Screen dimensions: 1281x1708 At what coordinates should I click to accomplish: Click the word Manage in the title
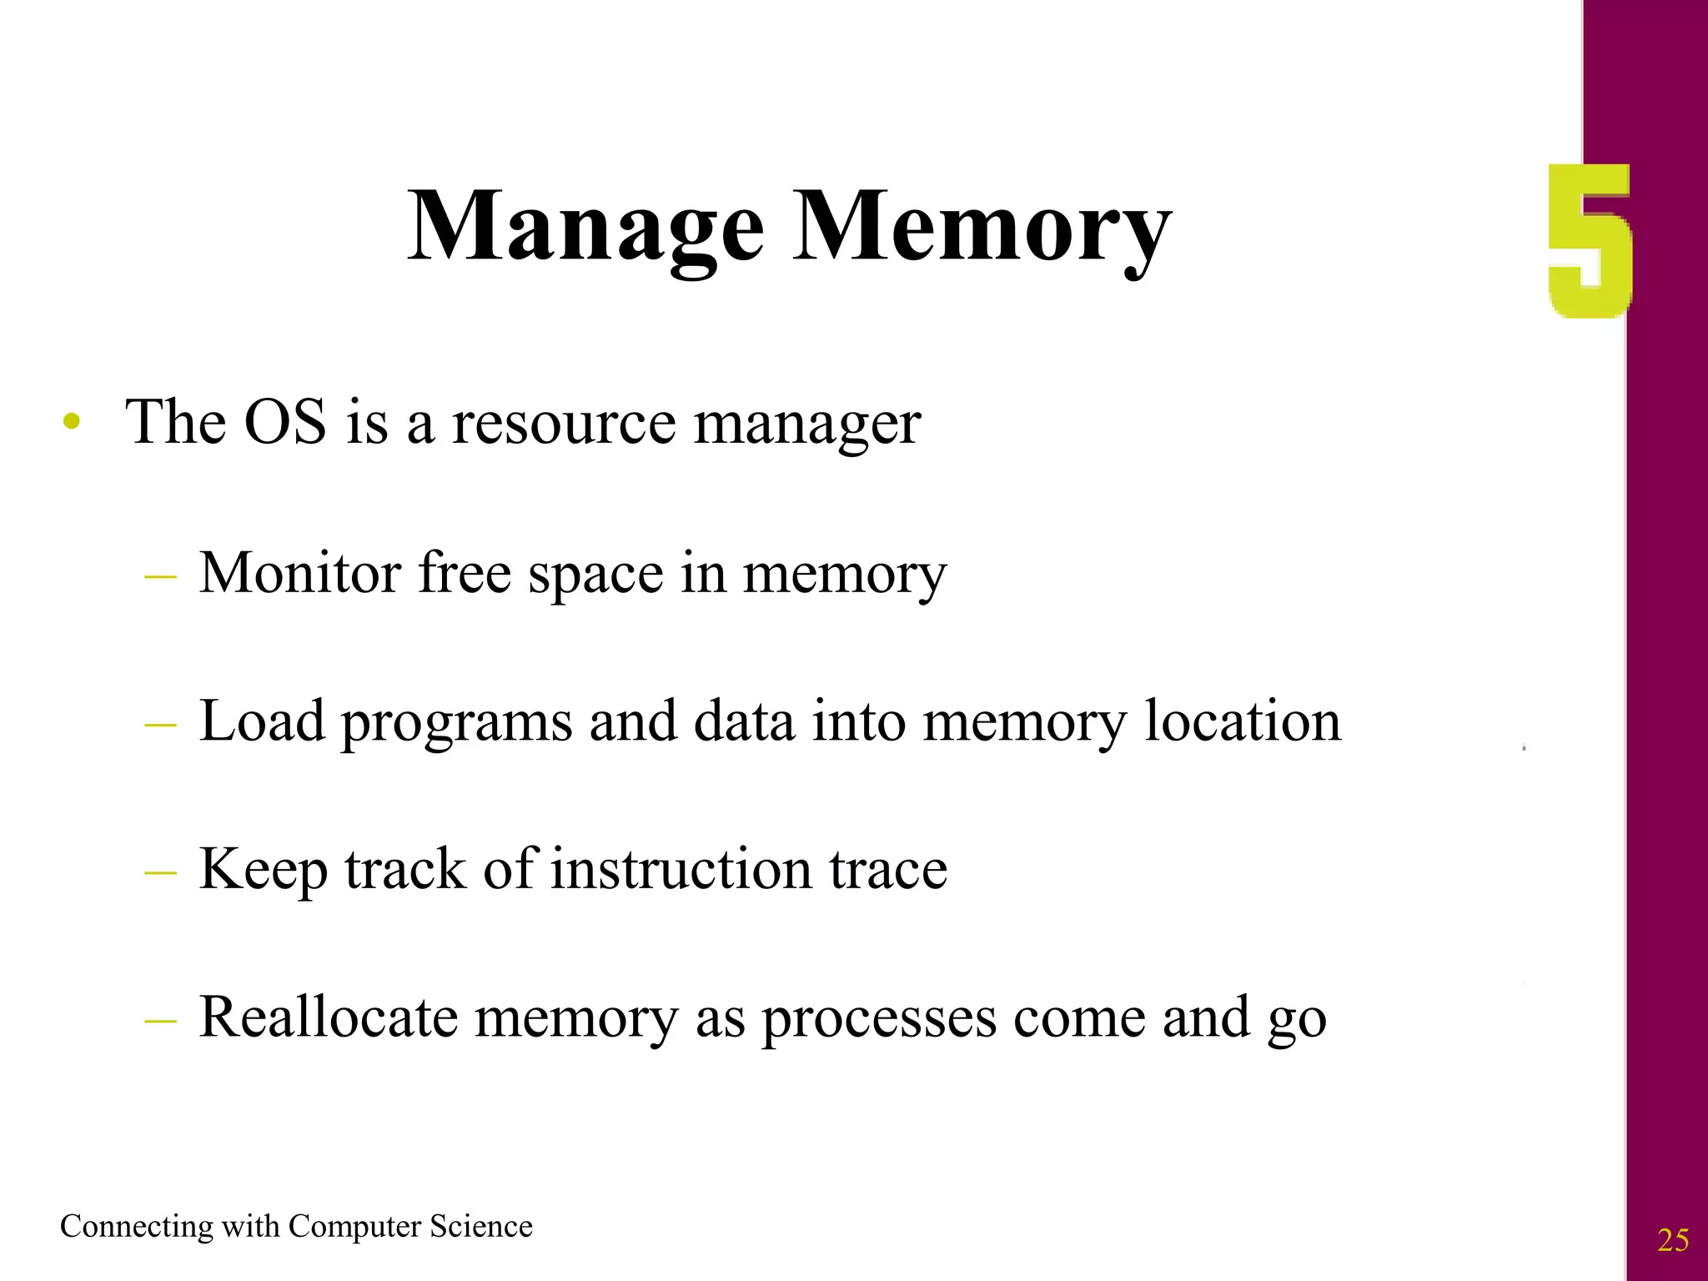[585, 227]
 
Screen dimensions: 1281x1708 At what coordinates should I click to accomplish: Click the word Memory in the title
[982, 227]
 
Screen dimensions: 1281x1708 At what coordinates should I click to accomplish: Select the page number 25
[1673, 1241]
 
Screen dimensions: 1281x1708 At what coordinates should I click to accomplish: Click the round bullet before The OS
[73, 421]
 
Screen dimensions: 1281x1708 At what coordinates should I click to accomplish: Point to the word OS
[284, 422]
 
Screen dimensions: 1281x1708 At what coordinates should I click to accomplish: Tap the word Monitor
[300, 574]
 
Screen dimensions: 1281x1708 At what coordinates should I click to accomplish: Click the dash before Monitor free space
[160, 576]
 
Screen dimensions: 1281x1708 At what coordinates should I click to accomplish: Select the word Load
[262, 721]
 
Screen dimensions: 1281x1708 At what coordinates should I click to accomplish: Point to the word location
[1242, 721]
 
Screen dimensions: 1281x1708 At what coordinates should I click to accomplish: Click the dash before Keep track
[160, 872]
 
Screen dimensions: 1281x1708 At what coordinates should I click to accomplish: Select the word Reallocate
[329, 1017]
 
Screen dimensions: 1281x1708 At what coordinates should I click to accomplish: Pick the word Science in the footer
[480, 1227]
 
